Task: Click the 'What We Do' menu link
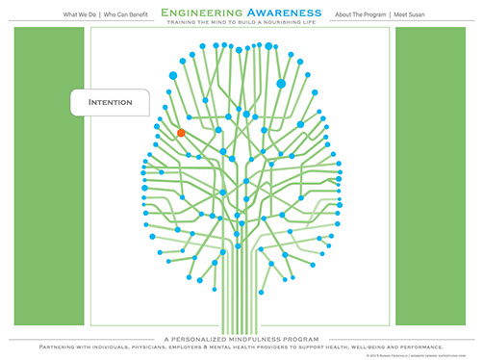[80, 16]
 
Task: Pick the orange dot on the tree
[180, 133]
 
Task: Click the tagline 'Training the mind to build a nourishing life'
[241, 27]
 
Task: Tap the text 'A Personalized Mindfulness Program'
[241, 338]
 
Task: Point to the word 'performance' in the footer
[421, 347]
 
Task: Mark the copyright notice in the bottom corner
[420, 355]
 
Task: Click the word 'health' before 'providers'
[259, 347]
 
